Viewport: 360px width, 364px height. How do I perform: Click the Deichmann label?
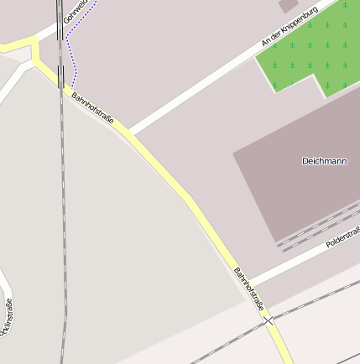pyautogui.click(x=324, y=160)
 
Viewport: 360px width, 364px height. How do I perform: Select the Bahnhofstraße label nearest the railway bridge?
pyautogui.click(x=92, y=109)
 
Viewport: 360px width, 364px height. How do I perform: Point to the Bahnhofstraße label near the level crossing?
pyautogui.click(x=248, y=288)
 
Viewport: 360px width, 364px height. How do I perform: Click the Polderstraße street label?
pyautogui.click(x=342, y=238)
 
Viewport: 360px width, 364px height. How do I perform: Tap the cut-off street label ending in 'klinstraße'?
pyautogui.click(x=7, y=317)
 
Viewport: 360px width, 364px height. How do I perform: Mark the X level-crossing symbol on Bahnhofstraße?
pyautogui.click(x=268, y=320)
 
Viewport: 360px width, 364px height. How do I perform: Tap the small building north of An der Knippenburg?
pyautogui.click(x=288, y=5)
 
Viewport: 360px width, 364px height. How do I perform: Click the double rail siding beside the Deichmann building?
pyautogui.click(x=319, y=228)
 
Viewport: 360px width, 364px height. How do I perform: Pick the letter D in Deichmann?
pyautogui.click(x=305, y=160)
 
